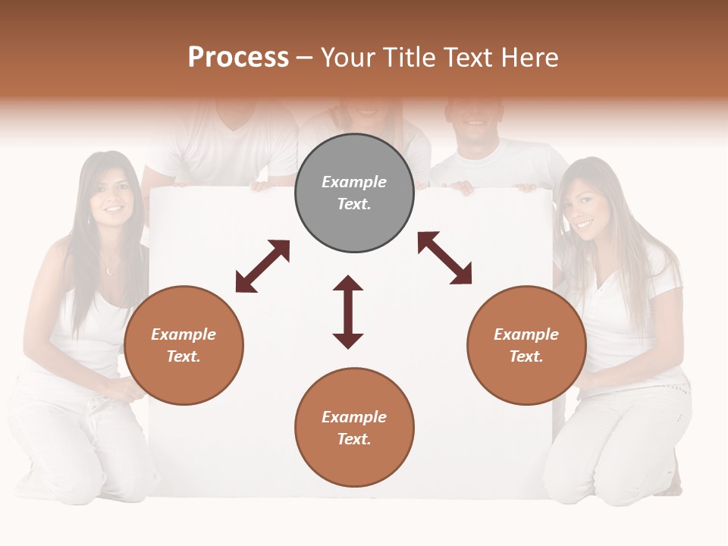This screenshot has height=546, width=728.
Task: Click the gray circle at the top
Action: tap(354, 193)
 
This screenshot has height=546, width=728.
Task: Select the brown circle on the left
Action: tap(184, 345)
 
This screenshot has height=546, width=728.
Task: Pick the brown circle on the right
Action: tap(526, 345)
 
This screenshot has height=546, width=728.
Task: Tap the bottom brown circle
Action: tap(354, 428)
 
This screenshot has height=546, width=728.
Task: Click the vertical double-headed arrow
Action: tap(348, 312)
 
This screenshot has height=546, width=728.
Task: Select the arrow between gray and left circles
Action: tap(262, 265)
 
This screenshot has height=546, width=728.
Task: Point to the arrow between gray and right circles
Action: tap(444, 258)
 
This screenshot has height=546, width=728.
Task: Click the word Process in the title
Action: tap(238, 58)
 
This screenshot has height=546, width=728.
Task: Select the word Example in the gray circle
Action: tap(354, 182)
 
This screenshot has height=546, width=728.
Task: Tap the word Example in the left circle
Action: tap(184, 334)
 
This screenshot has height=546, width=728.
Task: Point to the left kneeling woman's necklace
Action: tap(111, 268)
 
